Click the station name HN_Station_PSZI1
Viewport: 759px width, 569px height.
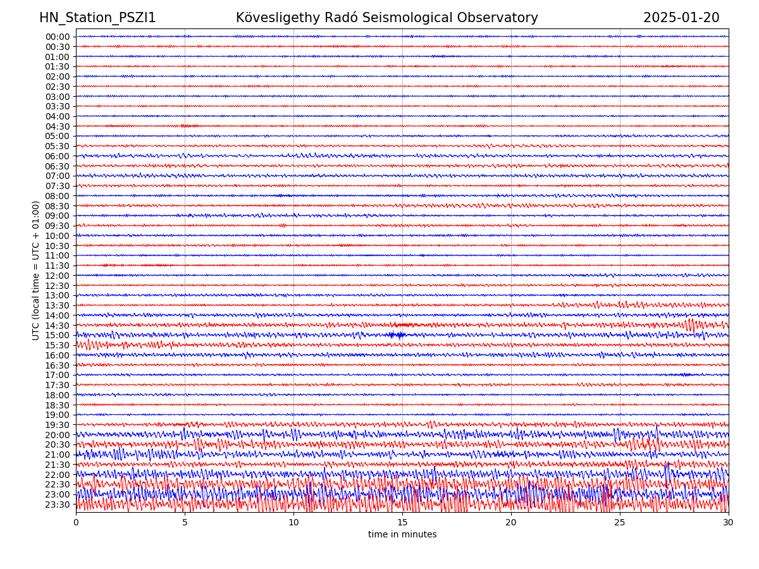pyautogui.click(x=97, y=18)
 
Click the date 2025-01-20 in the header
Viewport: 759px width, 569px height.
pyautogui.click(x=681, y=18)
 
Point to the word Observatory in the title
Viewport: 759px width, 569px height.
pyautogui.click(x=503, y=18)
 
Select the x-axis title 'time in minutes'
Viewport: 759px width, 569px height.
pyautogui.click(x=402, y=535)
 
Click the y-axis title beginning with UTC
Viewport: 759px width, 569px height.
pyautogui.click(x=36, y=270)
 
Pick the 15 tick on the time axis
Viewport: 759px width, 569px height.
pyautogui.click(x=402, y=523)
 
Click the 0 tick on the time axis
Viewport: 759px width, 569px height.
pyautogui.click(x=76, y=523)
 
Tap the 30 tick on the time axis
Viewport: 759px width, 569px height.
pyautogui.click(x=729, y=523)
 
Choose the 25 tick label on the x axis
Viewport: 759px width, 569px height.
pyautogui.click(x=620, y=523)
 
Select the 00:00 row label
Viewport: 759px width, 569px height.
pyautogui.click(x=58, y=37)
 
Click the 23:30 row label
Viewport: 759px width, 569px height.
pyautogui.click(x=58, y=505)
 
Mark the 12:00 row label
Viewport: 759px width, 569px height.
pyautogui.click(x=58, y=276)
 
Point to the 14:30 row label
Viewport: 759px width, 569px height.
pyautogui.click(x=58, y=326)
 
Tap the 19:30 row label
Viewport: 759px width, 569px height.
pyautogui.click(x=58, y=425)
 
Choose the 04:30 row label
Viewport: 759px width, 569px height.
pyautogui.click(x=58, y=126)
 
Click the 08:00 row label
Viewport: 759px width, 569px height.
pyautogui.click(x=58, y=196)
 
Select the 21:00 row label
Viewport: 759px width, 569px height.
pyautogui.click(x=58, y=455)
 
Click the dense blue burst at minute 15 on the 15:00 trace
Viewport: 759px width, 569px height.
pyautogui.click(x=397, y=335)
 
